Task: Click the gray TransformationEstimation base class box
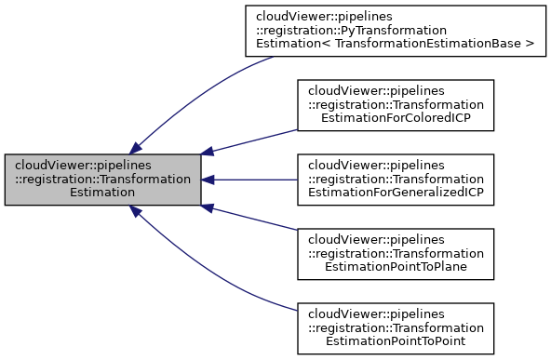point(103,180)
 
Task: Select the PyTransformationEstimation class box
point(394,32)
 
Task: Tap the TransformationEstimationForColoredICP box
point(394,106)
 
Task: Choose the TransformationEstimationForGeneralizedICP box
point(394,180)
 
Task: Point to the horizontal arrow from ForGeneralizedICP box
point(251,180)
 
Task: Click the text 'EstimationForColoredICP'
point(394,120)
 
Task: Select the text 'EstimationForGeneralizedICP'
point(394,193)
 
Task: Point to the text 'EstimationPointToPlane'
point(394,267)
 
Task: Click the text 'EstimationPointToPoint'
point(394,341)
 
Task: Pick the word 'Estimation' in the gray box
point(103,193)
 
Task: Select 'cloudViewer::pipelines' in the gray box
point(84,166)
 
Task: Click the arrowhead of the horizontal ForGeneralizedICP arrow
point(209,180)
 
